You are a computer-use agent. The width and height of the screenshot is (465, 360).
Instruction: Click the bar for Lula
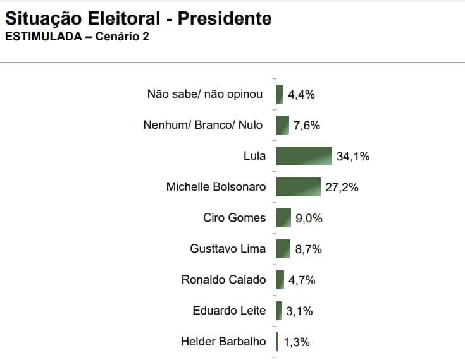(x=304, y=156)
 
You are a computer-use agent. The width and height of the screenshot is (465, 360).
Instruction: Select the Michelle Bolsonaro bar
(x=299, y=187)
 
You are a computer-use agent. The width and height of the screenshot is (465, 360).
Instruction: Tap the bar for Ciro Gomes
(x=283, y=218)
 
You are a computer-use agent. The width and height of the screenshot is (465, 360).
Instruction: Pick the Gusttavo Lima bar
(x=283, y=249)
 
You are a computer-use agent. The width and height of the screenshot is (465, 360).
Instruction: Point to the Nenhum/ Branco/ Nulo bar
(x=282, y=125)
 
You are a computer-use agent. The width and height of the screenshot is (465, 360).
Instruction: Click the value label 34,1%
(x=353, y=157)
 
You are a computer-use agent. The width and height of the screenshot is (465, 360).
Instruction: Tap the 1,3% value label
(x=297, y=342)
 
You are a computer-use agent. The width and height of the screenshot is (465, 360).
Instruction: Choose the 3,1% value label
(x=299, y=311)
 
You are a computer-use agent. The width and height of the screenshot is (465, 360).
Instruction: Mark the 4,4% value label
(x=301, y=95)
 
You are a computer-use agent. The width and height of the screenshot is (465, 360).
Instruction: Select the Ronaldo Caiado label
(x=223, y=280)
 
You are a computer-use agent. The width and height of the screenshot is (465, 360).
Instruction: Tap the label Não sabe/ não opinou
(x=204, y=95)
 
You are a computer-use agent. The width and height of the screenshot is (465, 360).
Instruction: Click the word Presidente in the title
(x=225, y=18)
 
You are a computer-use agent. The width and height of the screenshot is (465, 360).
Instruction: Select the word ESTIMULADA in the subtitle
(x=43, y=37)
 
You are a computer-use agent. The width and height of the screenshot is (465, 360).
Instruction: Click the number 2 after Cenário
(x=146, y=37)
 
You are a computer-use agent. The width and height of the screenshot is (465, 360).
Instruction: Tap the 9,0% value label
(x=309, y=219)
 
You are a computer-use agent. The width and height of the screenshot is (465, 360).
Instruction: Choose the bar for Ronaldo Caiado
(x=280, y=280)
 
